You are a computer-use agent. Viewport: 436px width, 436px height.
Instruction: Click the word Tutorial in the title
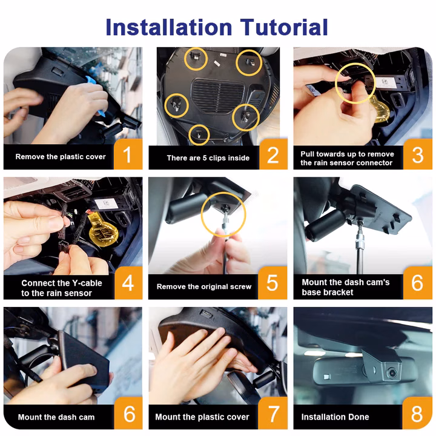click(x=284, y=27)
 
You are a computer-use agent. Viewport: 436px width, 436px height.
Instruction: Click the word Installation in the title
click(x=169, y=27)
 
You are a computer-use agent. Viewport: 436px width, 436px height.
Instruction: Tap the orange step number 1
click(x=127, y=154)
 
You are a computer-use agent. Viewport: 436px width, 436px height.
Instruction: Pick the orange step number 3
click(x=418, y=154)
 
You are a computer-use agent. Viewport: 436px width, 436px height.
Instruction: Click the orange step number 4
click(x=128, y=283)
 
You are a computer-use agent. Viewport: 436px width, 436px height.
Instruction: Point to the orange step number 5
click(x=272, y=283)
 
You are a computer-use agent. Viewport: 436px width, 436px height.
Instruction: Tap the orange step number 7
click(x=273, y=414)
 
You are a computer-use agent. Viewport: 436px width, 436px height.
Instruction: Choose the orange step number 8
click(x=417, y=414)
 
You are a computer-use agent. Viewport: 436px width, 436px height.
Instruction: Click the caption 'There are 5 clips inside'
click(x=208, y=158)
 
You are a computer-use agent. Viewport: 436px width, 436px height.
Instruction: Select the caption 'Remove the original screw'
click(x=204, y=286)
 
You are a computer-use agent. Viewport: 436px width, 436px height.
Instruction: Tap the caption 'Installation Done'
click(x=335, y=417)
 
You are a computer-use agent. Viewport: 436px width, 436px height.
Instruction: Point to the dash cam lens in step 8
click(x=392, y=372)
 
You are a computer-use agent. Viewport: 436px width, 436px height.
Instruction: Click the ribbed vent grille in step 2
click(x=219, y=96)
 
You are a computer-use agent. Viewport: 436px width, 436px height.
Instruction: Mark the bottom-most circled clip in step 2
click(x=199, y=135)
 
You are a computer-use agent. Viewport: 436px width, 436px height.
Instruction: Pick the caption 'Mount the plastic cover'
click(x=202, y=417)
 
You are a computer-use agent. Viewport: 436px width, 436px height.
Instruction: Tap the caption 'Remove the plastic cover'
click(x=61, y=157)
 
